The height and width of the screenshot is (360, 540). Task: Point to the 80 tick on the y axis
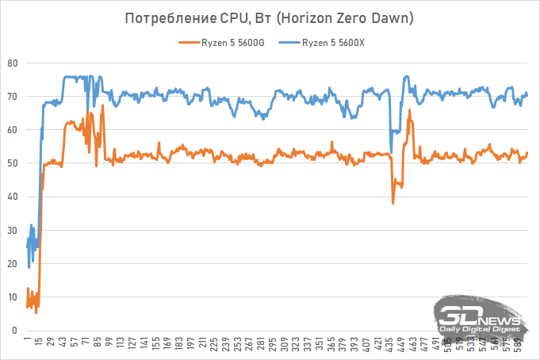12,63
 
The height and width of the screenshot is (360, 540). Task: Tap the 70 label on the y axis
12,96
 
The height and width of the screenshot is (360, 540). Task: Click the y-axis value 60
12,130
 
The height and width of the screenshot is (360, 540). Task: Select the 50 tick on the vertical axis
12,163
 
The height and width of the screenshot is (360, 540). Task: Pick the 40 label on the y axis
12,197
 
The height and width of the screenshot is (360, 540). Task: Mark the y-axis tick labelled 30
12,230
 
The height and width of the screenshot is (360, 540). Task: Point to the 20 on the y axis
12,263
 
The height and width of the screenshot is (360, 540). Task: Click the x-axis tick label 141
144,344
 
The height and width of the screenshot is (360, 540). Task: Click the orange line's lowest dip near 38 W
393,203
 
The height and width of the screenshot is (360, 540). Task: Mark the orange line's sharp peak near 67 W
102,105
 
